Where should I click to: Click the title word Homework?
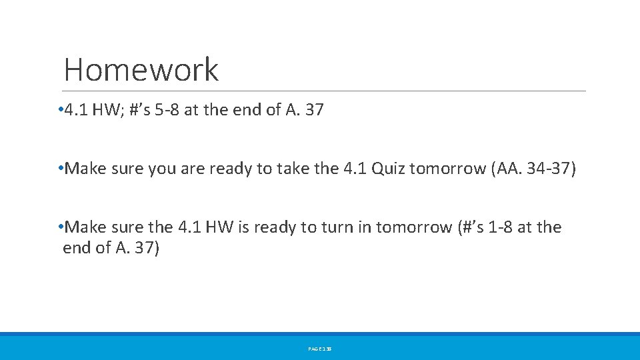pyautogui.click(x=141, y=69)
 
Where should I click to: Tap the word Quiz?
pyautogui.click(x=388, y=169)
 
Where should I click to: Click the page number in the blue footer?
pyautogui.click(x=320, y=348)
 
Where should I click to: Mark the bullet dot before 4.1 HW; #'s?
pyautogui.click(x=61, y=110)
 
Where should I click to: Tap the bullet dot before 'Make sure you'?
pyautogui.click(x=61, y=169)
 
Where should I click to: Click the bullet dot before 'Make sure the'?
pyautogui.click(x=61, y=227)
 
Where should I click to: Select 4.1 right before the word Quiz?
pyautogui.click(x=355, y=169)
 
